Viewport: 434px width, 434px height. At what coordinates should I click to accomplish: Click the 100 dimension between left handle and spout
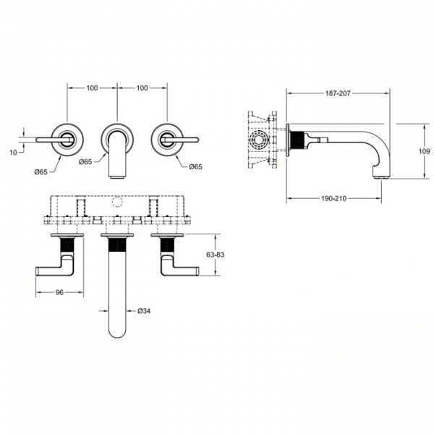[92, 88]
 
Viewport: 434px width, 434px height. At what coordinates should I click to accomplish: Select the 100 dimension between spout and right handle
[142, 88]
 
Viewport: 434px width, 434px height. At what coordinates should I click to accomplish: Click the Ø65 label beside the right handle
[196, 167]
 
